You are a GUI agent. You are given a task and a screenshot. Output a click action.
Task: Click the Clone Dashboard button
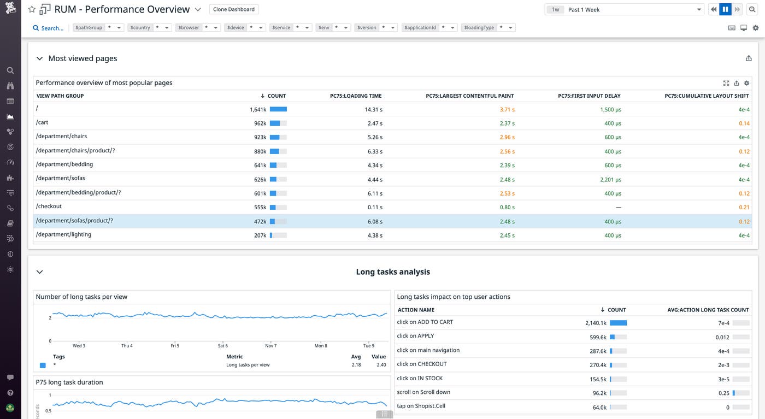coord(234,9)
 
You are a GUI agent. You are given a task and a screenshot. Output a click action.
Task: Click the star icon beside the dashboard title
coord(32,9)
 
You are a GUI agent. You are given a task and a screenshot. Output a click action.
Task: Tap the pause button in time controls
coord(725,9)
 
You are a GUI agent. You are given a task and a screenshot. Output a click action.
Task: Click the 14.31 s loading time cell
coord(373,109)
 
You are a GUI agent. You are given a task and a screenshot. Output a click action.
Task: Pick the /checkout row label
coord(49,206)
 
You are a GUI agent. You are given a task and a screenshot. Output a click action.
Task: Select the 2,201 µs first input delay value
coord(609,180)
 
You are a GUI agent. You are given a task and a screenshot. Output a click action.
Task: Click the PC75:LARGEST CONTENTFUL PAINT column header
coord(469,96)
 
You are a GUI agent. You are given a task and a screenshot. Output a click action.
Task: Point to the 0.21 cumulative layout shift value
coord(744,208)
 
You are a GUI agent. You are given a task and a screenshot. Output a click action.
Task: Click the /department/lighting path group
coord(63,234)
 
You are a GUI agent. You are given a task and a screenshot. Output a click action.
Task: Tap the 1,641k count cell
coord(258,109)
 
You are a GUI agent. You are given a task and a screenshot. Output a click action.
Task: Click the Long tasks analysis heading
coord(392,272)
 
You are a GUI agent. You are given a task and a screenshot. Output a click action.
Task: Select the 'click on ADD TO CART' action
coord(425,322)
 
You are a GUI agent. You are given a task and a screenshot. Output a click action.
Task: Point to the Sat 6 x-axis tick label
coord(222,346)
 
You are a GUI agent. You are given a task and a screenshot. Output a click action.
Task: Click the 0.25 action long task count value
coord(724,393)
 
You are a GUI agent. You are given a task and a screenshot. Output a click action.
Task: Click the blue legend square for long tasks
coord(43,365)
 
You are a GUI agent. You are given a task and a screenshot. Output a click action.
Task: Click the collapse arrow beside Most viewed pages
coord(39,58)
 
